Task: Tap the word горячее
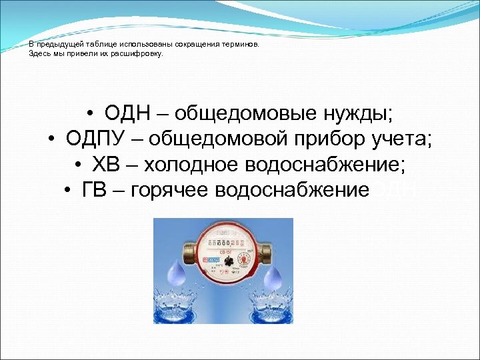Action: (x=171, y=190)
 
